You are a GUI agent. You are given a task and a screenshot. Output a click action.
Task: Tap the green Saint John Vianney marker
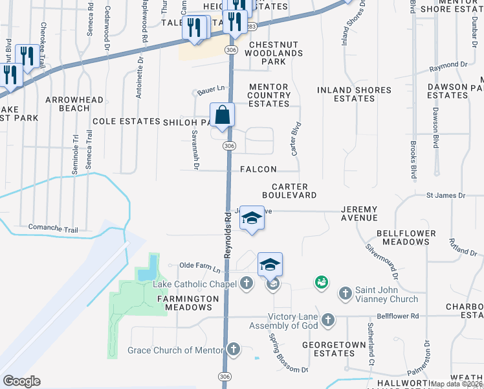tap(320, 282)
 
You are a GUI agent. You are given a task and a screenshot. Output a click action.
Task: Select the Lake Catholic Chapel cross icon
tap(246, 283)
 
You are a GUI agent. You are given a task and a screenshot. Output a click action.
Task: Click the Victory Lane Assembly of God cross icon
tap(328, 320)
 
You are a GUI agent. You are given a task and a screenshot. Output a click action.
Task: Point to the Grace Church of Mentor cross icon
tap(233, 350)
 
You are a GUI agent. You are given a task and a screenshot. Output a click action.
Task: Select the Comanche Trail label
tap(53, 228)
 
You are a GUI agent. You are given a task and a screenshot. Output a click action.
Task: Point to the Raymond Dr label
tap(448, 65)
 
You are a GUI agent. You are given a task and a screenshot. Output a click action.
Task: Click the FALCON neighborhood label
tap(258, 169)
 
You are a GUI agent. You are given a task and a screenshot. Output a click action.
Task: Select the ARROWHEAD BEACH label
tap(74, 104)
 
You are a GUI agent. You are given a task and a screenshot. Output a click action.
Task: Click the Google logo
tap(22, 381)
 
